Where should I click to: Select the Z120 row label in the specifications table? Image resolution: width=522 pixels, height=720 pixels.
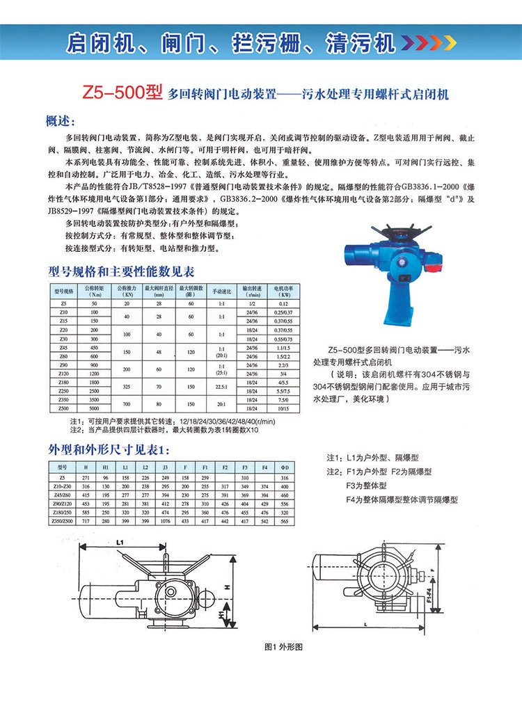(x=63, y=374)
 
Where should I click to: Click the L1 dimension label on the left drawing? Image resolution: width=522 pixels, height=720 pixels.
(x=120, y=541)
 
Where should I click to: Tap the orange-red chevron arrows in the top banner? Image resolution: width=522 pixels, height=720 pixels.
(x=431, y=43)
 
